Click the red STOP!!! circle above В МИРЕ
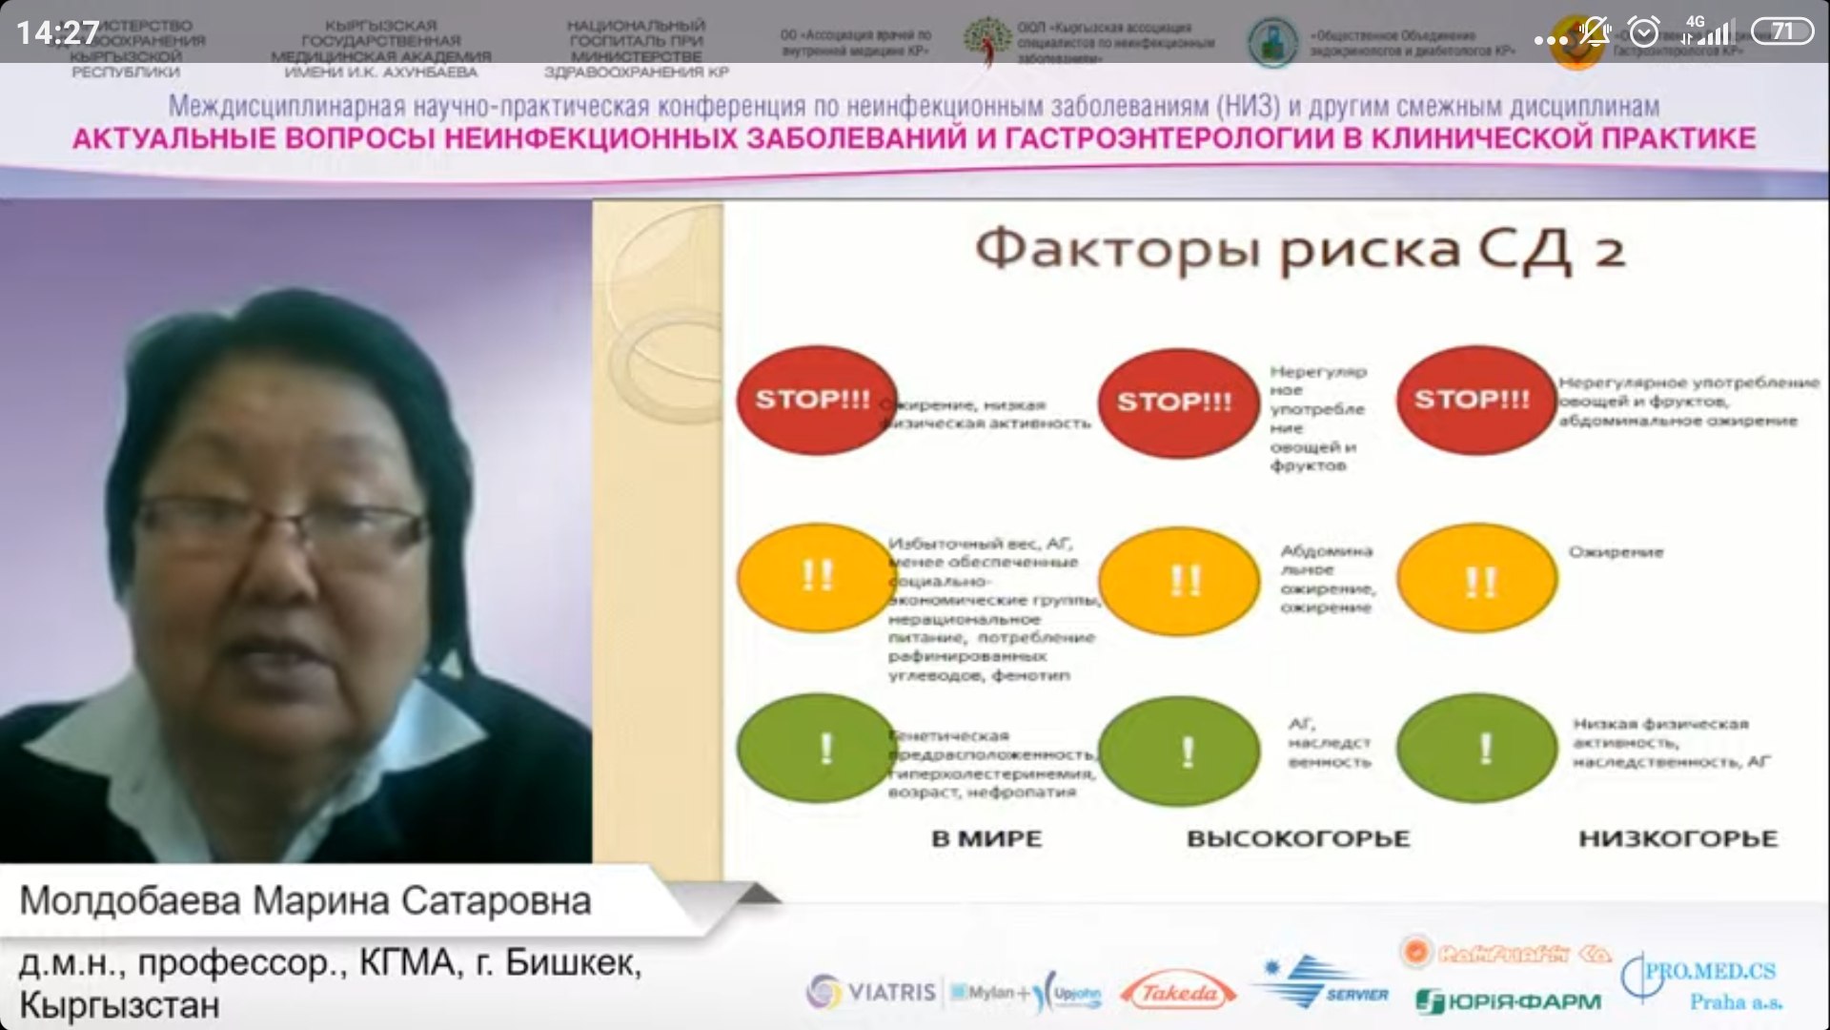pyautogui.click(x=816, y=400)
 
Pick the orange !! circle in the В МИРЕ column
pyautogui.click(x=816, y=576)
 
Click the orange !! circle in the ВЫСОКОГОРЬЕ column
pyautogui.click(x=1180, y=580)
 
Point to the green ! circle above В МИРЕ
pyautogui.click(x=818, y=749)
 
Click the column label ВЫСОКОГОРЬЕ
pyautogui.click(x=1297, y=839)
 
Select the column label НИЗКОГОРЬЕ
pyautogui.click(x=1677, y=839)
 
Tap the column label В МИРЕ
pyautogui.click(x=986, y=839)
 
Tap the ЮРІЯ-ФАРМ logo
pyautogui.click(x=1509, y=1001)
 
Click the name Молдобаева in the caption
pyautogui.click(x=130, y=901)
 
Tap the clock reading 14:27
pyautogui.click(x=57, y=33)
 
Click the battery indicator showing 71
pyautogui.click(x=1781, y=31)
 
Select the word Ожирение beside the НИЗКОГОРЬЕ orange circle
pyautogui.click(x=1616, y=552)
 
